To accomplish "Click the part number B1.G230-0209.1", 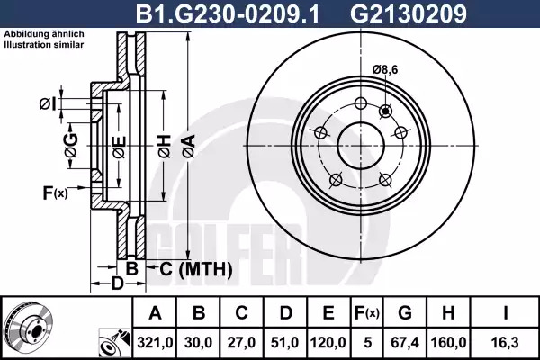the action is [228, 13].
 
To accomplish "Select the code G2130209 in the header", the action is [409, 13].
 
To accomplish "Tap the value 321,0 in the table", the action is [155, 343].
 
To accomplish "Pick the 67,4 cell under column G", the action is [405, 343].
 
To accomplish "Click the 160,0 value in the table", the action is [448, 343].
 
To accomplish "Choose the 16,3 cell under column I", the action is [505, 343].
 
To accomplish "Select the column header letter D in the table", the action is [286, 313].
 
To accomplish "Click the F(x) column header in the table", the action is [367, 313].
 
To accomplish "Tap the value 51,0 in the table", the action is [285, 343].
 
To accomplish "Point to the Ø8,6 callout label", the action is [385, 70].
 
